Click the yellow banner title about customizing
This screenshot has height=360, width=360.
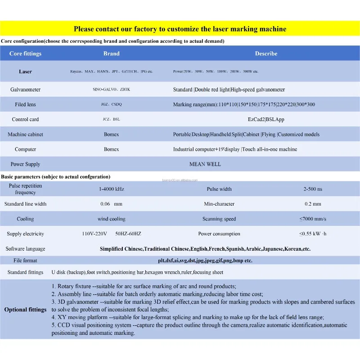[x=180, y=29]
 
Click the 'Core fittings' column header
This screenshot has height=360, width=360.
[x=25, y=54]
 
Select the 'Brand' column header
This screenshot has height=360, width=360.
[x=112, y=54]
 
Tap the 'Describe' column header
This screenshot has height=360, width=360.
[x=266, y=54]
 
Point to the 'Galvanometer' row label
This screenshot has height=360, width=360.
[x=25, y=90]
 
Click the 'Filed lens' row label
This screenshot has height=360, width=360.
[x=25, y=104]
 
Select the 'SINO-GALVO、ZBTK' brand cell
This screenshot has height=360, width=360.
[x=111, y=90]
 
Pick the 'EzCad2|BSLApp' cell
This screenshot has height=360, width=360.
[x=266, y=119]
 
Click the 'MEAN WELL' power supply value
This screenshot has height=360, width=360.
[x=205, y=164]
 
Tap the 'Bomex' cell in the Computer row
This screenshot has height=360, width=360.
[x=111, y=149]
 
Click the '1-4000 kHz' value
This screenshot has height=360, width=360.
[x=111, y=189]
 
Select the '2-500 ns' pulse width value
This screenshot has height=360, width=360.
[x=312, y=189]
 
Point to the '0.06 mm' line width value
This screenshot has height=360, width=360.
[x=111, y=204]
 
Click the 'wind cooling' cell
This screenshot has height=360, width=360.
[x=111, y=219]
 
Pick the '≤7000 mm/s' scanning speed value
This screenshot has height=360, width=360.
[x=313, y=219]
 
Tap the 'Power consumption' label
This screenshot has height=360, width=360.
[x=219, y=234]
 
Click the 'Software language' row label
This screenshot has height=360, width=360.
[x=25, y=249]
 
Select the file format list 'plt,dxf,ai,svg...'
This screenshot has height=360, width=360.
[x=205, y=261]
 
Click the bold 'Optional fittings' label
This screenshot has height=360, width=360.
[x=25, y=310]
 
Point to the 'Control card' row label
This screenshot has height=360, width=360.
[x=25, y=119]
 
